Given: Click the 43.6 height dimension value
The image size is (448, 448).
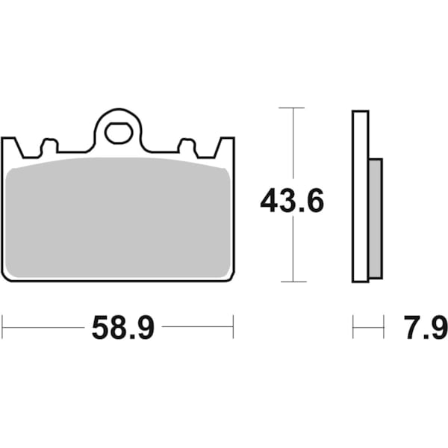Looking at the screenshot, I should (x=292, y=201).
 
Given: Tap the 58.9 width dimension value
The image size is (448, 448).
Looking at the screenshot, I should (x=122, y=327).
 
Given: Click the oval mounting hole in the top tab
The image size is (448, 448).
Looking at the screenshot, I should (x=117, y=133).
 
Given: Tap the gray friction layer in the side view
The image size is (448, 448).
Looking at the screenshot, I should (x=376, y=217).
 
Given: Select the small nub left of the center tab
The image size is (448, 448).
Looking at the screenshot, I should (x=50, y=145).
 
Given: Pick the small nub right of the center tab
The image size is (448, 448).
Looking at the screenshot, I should (x=186, y=145).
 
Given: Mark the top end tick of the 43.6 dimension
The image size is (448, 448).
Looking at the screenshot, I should (x=292, y=108).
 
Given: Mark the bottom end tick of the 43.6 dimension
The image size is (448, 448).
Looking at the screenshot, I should (x=292, y=281).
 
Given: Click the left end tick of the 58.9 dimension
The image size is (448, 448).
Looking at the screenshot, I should (x=2, y=326).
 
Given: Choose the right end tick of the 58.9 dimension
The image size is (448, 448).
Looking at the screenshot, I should (x=234, y=326).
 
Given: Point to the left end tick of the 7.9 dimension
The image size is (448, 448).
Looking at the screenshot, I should (x=353, y=326).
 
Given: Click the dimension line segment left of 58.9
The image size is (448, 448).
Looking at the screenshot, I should (x=45, y=326).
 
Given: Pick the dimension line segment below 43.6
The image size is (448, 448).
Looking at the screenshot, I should (x=292, y=250).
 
